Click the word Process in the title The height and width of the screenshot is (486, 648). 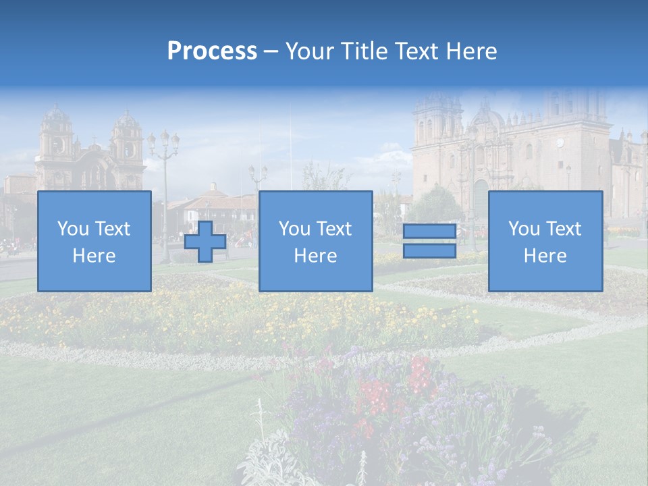[212, 51]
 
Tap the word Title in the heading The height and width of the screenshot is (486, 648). [362, 51]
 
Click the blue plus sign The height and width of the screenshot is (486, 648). [205, 242]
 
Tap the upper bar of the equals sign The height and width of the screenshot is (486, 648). [429, 232]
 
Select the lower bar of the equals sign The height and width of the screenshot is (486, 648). [429, 251]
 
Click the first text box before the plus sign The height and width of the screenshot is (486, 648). [94, 241]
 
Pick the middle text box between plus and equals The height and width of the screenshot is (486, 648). [315, 241]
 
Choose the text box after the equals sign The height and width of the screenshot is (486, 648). [545, 241]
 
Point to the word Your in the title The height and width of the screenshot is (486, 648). [310, 51]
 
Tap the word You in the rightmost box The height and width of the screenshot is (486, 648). [524, 229]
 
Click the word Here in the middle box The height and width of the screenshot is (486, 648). [315, 256]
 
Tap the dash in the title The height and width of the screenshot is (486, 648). [271, 51]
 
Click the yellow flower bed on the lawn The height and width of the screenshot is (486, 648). [202, 310]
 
